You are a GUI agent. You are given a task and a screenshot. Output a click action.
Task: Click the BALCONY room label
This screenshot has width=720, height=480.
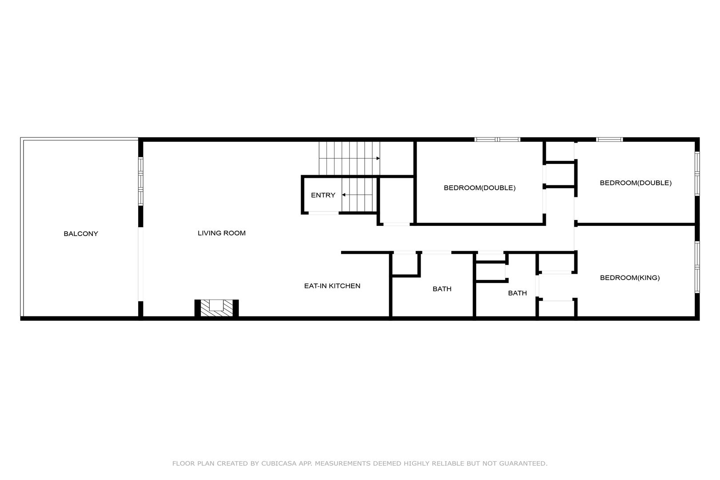point(81,234)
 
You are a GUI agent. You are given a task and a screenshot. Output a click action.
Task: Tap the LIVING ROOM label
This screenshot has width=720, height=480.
point(222,233)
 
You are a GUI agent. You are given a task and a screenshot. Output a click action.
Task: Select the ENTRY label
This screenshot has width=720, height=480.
point(323,195)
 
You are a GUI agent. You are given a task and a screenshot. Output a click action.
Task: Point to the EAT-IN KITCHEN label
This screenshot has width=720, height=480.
point(332,286)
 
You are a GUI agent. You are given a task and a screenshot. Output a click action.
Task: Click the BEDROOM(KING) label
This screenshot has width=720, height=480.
point(630,278)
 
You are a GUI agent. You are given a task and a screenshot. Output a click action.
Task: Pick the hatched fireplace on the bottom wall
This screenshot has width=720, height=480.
point(216,308)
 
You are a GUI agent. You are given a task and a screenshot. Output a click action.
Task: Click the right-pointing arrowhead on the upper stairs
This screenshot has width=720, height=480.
point(378,158)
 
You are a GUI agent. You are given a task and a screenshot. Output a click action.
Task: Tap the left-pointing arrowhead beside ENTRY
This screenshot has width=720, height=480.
point(344,195)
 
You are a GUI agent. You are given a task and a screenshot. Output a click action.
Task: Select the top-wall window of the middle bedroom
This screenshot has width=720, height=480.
point(497,140)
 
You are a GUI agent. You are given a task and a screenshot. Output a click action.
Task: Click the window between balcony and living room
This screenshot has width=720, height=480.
point(140,181)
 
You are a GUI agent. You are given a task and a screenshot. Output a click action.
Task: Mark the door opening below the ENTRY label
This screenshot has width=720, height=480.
point(323,213)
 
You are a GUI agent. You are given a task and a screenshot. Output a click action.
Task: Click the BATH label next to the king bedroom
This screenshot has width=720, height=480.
point(517,293)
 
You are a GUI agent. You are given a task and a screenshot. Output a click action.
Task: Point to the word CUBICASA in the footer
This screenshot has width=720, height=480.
point(279,464)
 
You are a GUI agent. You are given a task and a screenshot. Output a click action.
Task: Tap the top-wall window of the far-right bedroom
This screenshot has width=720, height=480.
point(609,140)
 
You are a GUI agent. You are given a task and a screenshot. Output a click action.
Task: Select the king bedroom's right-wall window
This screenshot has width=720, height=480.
point(697,267)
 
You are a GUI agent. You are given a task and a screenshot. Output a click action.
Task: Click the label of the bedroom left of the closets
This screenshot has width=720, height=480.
point(480,188)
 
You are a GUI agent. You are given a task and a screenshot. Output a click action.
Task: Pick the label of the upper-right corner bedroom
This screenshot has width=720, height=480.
point(636,183)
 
